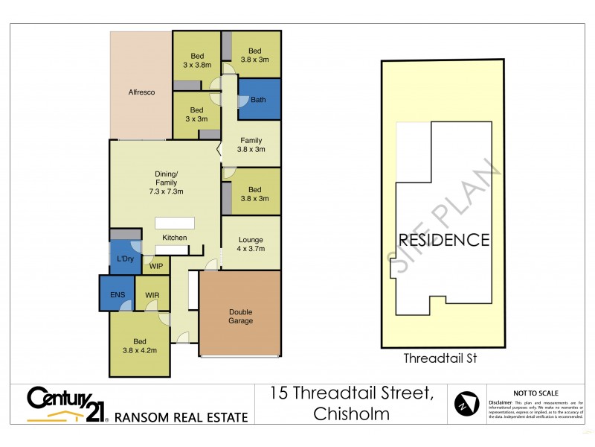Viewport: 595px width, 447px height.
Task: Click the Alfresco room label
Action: [x=141, y=92]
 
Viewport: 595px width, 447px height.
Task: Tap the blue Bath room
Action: [x=259, y=100]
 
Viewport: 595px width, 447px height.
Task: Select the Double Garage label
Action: [x=240, y=317]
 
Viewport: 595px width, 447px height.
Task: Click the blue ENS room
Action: [x=118, y=294]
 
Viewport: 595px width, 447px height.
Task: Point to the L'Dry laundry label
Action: [x=126, y=259]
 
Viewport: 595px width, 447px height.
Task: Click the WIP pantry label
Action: [x=156, y=266]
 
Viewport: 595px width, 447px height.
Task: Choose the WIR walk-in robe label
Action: [x=152, y=295]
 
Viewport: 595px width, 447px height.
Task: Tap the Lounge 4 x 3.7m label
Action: [x=251, y=244]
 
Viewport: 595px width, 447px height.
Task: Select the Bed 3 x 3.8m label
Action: [x=197, y=60]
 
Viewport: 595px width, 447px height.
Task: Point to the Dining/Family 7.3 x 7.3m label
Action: [x=165, y=182]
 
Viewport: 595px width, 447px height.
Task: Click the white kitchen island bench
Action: [x=175, y=223]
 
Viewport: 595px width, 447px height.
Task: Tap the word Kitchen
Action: [x=176, y=238]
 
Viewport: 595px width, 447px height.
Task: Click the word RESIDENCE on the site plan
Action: [x=444, y=240]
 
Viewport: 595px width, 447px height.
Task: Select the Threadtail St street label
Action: [x=440, y=358]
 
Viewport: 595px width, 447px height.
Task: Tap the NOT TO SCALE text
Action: [x=536, y=393]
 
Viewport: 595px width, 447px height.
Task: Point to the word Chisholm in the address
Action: [x=352, y=413]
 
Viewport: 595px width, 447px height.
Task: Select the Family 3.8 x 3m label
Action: [x=251, y=145]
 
